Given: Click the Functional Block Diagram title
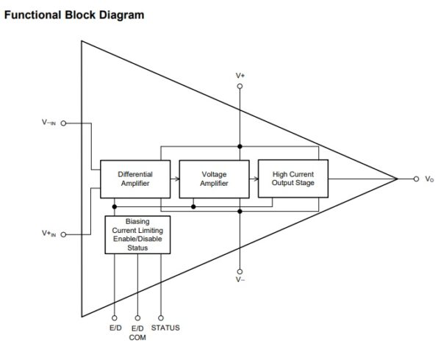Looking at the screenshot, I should pyautogui.click(x=75, y=15).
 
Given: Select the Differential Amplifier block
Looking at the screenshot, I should pyautogui.click(x=135, y=179).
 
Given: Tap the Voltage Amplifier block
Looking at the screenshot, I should pyautogui.click(x=214, y=179).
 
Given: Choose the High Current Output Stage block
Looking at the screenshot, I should pyautogui.click(x=293, y=179).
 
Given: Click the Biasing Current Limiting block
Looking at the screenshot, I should pyautogui.click(x=137, y=234).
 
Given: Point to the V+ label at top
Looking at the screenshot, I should pyautogui.click(x=240, y=76).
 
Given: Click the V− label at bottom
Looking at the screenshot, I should pyautogui.click(x=240, y=280).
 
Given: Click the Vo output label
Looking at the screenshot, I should pyautogui.click(x=429, y=179).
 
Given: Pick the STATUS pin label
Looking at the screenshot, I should pyautogui.click(x=165, y=327).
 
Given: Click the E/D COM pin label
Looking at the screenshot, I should pyautogui.click(x=137, y=332).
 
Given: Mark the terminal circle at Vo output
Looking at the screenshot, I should pyautogui.click(x=416, y=179).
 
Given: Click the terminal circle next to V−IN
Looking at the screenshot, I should pyautogui.click(x=64, y=123).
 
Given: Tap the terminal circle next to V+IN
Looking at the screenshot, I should pyautogui.click(x=64, y=234).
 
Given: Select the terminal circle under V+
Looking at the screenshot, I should pyautogui.click(x=240, y=86).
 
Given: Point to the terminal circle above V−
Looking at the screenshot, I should pyautogui.click(x=240, y=270).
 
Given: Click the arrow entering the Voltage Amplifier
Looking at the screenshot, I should pyautogui.click(x=176, y=179).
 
